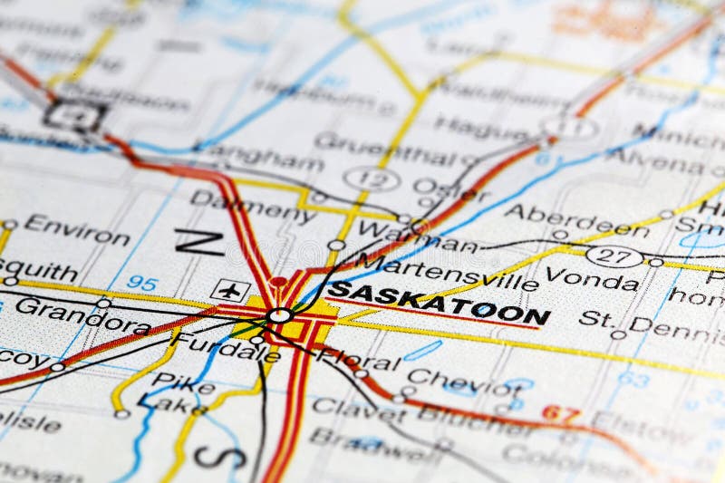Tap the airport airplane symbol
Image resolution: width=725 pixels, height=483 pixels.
point(230,290)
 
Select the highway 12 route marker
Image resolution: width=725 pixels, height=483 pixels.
point(372,179)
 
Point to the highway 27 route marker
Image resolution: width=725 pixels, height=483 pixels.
point(614,256)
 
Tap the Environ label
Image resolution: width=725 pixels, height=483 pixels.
point(76,230)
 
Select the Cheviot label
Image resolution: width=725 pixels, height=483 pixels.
point(463,381)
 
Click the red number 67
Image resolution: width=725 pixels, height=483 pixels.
point(561,414)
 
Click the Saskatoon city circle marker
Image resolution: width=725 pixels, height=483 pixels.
point(280,315)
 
